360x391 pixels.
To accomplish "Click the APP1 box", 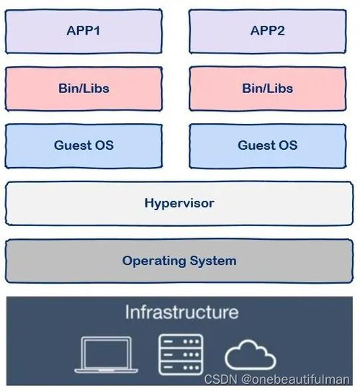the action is (x=84, y=32).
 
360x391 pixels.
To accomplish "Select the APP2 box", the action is (x=268, y=32).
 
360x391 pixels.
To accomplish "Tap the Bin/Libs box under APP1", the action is (x=84, y=89).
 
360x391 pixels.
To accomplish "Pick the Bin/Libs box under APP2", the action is (x=268, y=89).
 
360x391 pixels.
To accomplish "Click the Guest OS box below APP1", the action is (x=84, y=146).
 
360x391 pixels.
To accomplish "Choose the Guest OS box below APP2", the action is (x=268, y=146).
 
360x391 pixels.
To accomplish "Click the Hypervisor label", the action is (x=179, y=204).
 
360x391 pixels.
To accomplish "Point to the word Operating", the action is (x=154, y=261).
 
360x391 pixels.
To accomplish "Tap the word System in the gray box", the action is (x=213, y=261).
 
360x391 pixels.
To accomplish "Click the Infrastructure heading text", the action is (x=181, y=312).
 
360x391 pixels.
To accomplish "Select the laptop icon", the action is (x=107, y=354).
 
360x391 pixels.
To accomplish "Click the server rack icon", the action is (x=181, y=354).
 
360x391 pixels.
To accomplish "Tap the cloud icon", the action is (x=251, y=354).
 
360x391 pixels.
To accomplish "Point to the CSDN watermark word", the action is (x=220, y=379).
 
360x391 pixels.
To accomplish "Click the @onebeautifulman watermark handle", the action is (x=295, y=379).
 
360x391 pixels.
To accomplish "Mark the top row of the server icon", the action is (x=181, y=341).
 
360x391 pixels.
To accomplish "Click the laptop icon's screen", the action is (x=107, y=353).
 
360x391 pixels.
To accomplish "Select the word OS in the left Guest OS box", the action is (x=104, y=145).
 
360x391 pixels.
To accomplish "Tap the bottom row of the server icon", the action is (x=181, y=367).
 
